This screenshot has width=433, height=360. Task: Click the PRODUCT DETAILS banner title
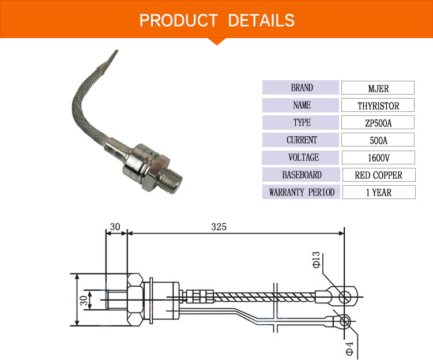[x=217, y=21]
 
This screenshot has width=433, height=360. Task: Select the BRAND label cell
[x=302, y=88]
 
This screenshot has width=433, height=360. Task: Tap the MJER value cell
[x=378, y=88]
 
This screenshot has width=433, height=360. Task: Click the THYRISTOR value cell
[x=378, y=106]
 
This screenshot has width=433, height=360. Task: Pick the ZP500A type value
[x=378, y=123]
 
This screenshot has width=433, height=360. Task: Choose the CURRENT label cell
[x=302, y=140]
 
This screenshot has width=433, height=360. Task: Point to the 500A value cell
[x=378, y=140]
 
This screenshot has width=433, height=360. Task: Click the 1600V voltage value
[x=378, y=157]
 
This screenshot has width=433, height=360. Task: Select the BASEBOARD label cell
[x=302, y=175]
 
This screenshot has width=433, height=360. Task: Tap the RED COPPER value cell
[x=378, y=175]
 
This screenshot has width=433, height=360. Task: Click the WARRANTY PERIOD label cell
[x=302, y=192]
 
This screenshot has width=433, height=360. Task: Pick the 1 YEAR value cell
[x=378, y=192]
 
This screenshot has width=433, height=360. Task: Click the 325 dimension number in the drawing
[x=219, y=227]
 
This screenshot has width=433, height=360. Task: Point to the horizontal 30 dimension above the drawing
[x=115, y=227]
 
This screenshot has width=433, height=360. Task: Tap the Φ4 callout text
[x=348, y=347]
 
